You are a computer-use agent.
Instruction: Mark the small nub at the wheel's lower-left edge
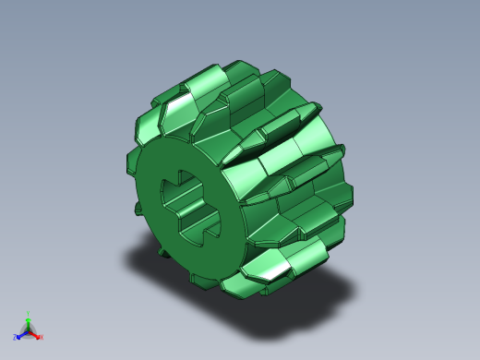click(162, 248)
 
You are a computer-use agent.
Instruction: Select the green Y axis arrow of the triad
click(28, 321)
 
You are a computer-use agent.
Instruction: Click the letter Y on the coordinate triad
click(29, 314)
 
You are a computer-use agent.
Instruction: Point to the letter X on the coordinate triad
click(41, 337)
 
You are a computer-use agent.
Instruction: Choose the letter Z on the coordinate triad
click(15, 338)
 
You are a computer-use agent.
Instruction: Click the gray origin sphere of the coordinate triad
click(28, 330)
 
